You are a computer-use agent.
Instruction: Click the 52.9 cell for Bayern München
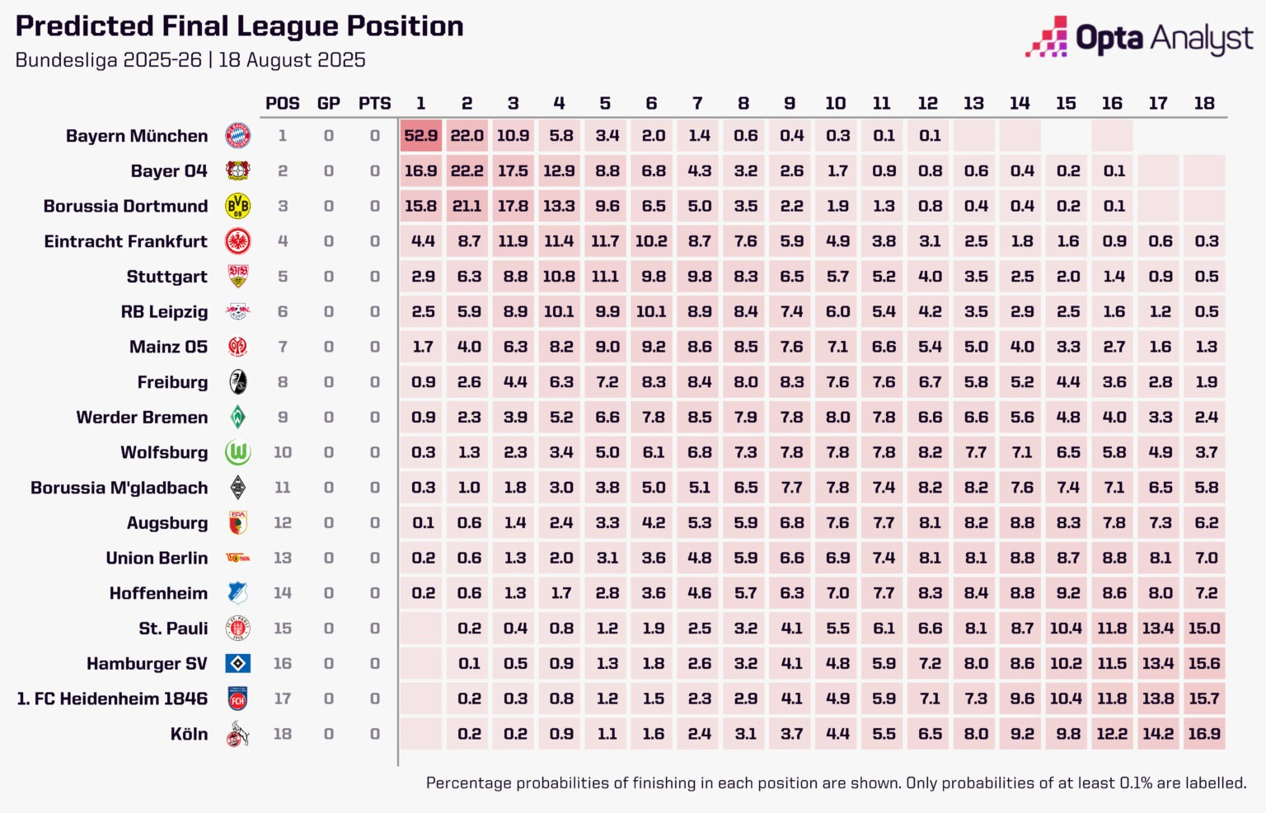coord(421,136)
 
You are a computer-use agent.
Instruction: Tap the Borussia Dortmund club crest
coord(237,206)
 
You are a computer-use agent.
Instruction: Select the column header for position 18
coord(1204,103)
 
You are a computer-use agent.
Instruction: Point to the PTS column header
coord(374,103)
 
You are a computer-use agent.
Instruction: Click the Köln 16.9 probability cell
coord(1204,734)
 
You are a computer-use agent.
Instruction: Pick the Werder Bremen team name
coord(142,418)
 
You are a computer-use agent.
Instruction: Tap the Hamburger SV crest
coord(237,663)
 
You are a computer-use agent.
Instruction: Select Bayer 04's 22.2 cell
coord(467,171)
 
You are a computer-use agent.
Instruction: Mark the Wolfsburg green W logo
coord(237,452)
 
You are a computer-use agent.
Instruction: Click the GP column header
coord(328,103)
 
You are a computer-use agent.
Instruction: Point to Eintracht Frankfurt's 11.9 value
coord(513,241)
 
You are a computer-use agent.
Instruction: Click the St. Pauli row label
coord(173,628)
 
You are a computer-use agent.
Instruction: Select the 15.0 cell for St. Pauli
coord(1204,628)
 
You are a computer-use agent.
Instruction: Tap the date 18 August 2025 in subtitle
coord(292,60)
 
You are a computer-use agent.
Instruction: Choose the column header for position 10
coord(836,103)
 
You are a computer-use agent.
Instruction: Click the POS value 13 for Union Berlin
coord(283,558)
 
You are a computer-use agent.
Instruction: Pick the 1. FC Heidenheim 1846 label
coord(112,699)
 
